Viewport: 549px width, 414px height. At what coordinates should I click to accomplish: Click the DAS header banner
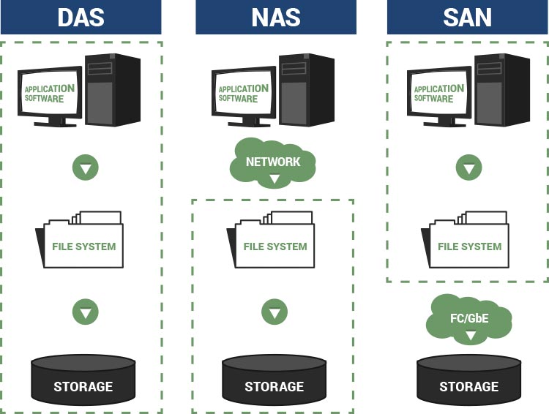[81, 17]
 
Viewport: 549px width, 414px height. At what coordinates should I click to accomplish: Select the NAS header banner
[275, 17]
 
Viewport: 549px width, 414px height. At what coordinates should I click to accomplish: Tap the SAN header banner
[468, 17]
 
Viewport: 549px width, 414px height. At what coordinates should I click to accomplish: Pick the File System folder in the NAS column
[272, 241]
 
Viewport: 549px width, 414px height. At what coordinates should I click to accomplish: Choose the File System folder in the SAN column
[467, 241]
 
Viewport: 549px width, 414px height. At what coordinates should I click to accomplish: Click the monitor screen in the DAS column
[50, 94]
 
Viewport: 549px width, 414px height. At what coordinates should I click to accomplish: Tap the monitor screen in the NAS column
[243, 94]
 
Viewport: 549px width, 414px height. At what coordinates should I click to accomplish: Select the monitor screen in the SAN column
[438, 94]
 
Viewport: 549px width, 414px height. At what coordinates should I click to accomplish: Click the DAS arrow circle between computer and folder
[86, 168]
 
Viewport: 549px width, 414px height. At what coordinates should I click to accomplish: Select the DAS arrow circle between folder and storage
[86, 312]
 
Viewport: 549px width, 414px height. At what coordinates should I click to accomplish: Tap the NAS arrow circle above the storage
[274, 312]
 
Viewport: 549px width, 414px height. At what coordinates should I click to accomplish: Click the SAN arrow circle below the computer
[469, 168]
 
